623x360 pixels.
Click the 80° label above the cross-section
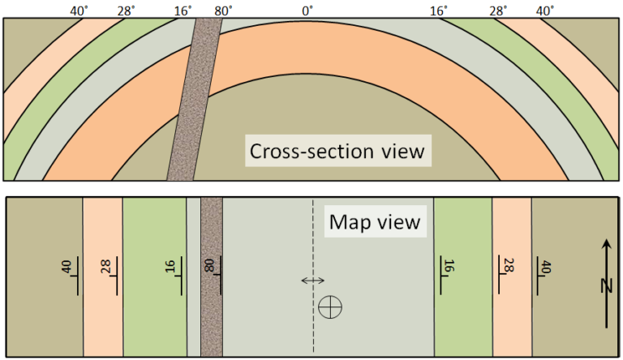(x=223, y=11)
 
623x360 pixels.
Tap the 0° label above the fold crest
(x=307, y=11)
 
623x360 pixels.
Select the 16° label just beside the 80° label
(x=183, y=11)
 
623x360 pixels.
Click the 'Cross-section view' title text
(x=337, y=152)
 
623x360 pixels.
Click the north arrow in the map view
(x=606, y=284)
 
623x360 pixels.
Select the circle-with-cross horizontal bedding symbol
(x=331, y=306)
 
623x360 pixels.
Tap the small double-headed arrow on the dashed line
(x=312, y=281)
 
